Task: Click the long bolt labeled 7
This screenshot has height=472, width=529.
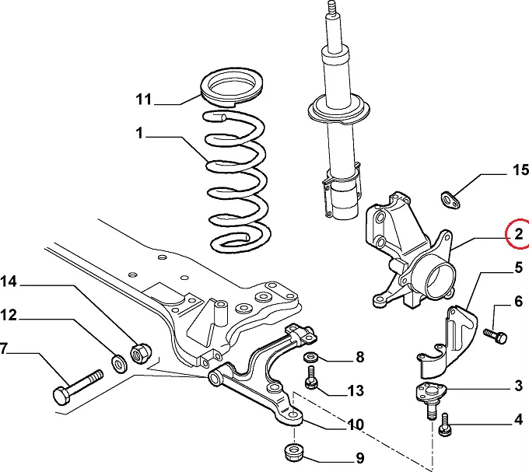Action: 77,385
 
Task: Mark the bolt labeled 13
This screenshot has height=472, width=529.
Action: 311,379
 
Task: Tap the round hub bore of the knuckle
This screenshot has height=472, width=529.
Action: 440,278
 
